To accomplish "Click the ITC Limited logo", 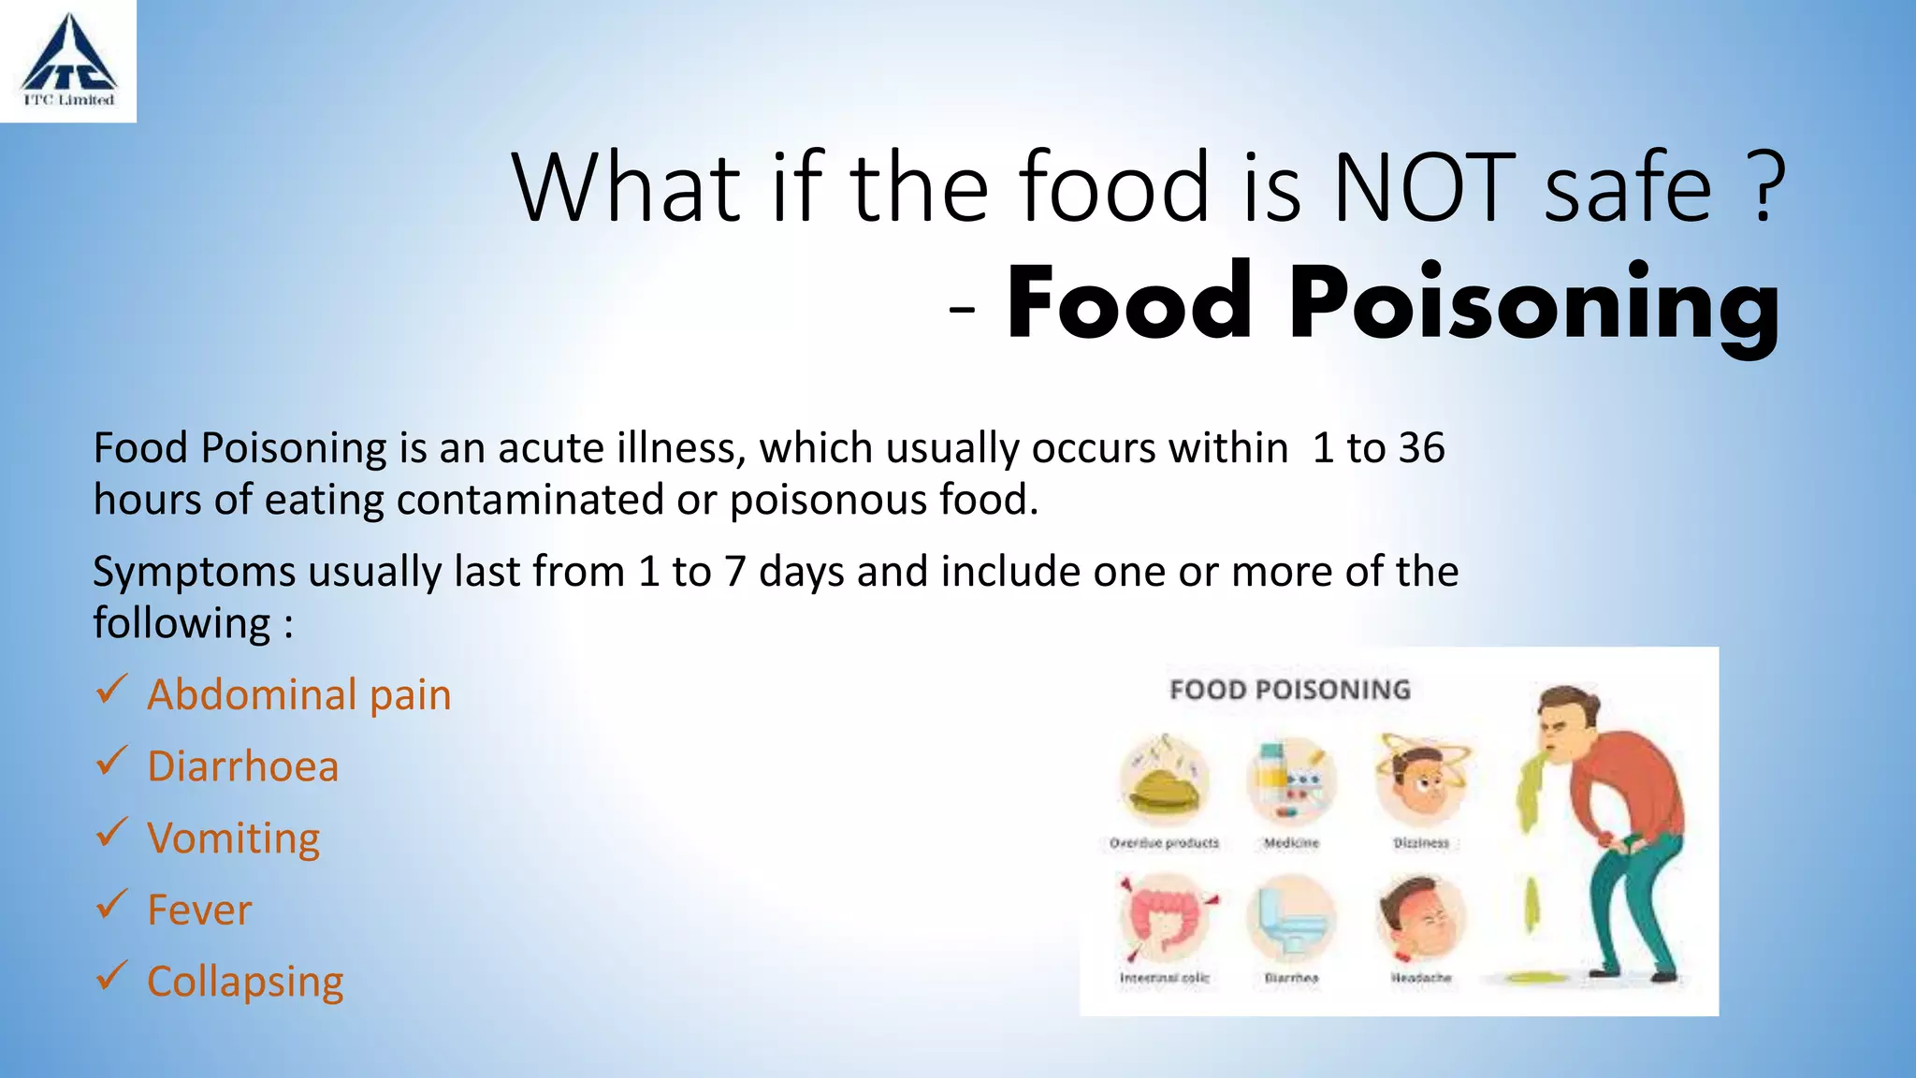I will (68, 61).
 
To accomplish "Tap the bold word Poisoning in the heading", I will (1534, 304).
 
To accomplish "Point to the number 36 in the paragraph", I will (1421, 447).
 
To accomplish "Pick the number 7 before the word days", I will (734, 571).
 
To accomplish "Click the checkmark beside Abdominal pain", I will (111, 692).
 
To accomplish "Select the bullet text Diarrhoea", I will (242, 765).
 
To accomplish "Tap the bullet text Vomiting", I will (233, 838).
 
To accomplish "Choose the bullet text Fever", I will (199, 910).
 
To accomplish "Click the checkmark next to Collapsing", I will (111, 976).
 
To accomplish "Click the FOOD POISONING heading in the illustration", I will (1289, 690).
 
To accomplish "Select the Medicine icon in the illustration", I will (1291, 779).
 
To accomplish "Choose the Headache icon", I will (1420, 918).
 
